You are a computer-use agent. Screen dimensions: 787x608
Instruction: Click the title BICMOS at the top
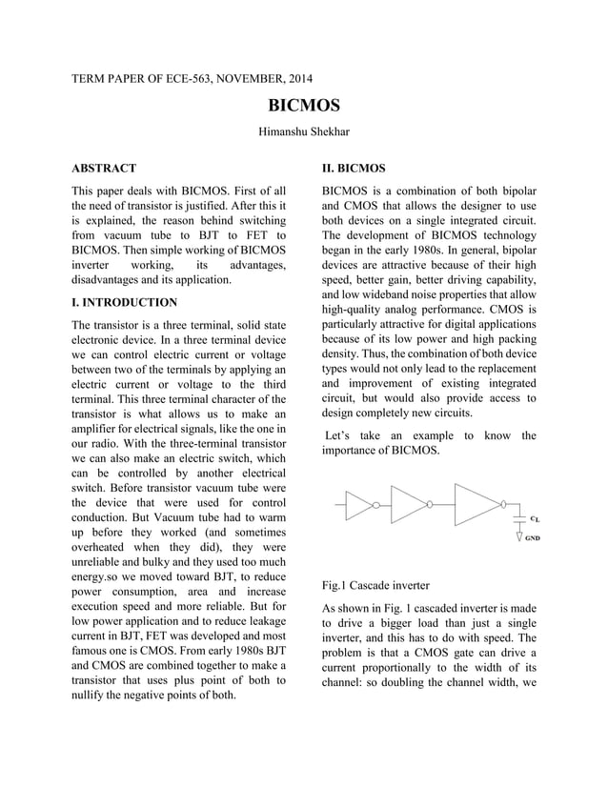click(x=303, y=105)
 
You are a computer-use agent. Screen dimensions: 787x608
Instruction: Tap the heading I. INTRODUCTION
click(x=124, y=302)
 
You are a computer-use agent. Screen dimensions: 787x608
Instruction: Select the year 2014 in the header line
click(x=295, y=77)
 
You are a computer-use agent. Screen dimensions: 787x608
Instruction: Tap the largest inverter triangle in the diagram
click(x=474, y=505)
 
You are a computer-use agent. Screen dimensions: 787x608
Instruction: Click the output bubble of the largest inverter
click(x=503, y=505)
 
